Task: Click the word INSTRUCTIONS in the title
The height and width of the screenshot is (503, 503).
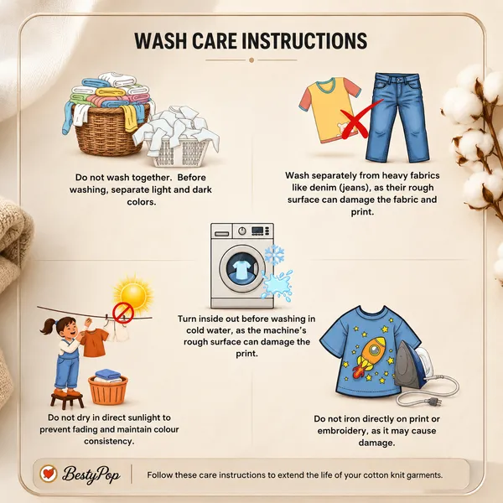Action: tap(303, 41)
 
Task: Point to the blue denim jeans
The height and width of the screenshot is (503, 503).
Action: tap(397, 117)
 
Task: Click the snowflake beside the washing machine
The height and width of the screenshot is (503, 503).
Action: tap(274, 255)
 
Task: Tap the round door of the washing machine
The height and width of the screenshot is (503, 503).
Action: tap(242, 269)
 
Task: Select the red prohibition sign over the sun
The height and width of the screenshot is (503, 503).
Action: tap(123, 312)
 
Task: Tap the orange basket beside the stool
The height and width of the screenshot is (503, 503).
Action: tap(108, 390)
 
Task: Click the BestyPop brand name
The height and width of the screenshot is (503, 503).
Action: tap(91, 474)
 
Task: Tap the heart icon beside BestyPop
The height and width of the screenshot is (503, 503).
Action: tap(49, 474)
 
